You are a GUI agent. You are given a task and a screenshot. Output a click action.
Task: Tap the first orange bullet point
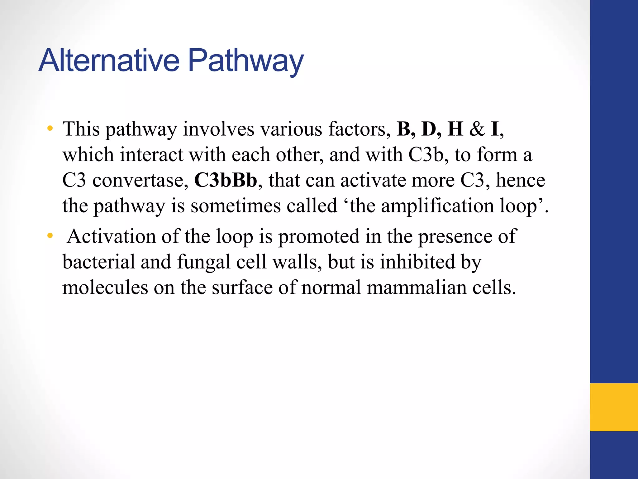pos(50,128)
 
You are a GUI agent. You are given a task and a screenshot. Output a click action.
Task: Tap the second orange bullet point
pos(50,236)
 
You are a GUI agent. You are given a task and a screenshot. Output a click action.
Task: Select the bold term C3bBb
pos(226,180)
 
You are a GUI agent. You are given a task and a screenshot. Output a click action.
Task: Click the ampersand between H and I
pos(477,129)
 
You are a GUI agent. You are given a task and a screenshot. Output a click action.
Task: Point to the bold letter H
pos(455,129)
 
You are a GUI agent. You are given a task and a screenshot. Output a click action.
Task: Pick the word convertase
pos(140,181)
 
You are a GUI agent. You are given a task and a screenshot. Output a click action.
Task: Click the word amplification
pos(437,206)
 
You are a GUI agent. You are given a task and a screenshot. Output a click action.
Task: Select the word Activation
pos(111,236)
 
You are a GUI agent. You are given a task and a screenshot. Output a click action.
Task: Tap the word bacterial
pos(99,262)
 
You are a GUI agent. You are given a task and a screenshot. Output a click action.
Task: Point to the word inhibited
pos(417,262)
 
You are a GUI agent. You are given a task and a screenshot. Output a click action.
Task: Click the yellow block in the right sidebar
pos(614,407)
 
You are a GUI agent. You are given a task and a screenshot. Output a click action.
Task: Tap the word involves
pos(218,129)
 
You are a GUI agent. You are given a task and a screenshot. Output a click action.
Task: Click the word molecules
pos(105,287)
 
